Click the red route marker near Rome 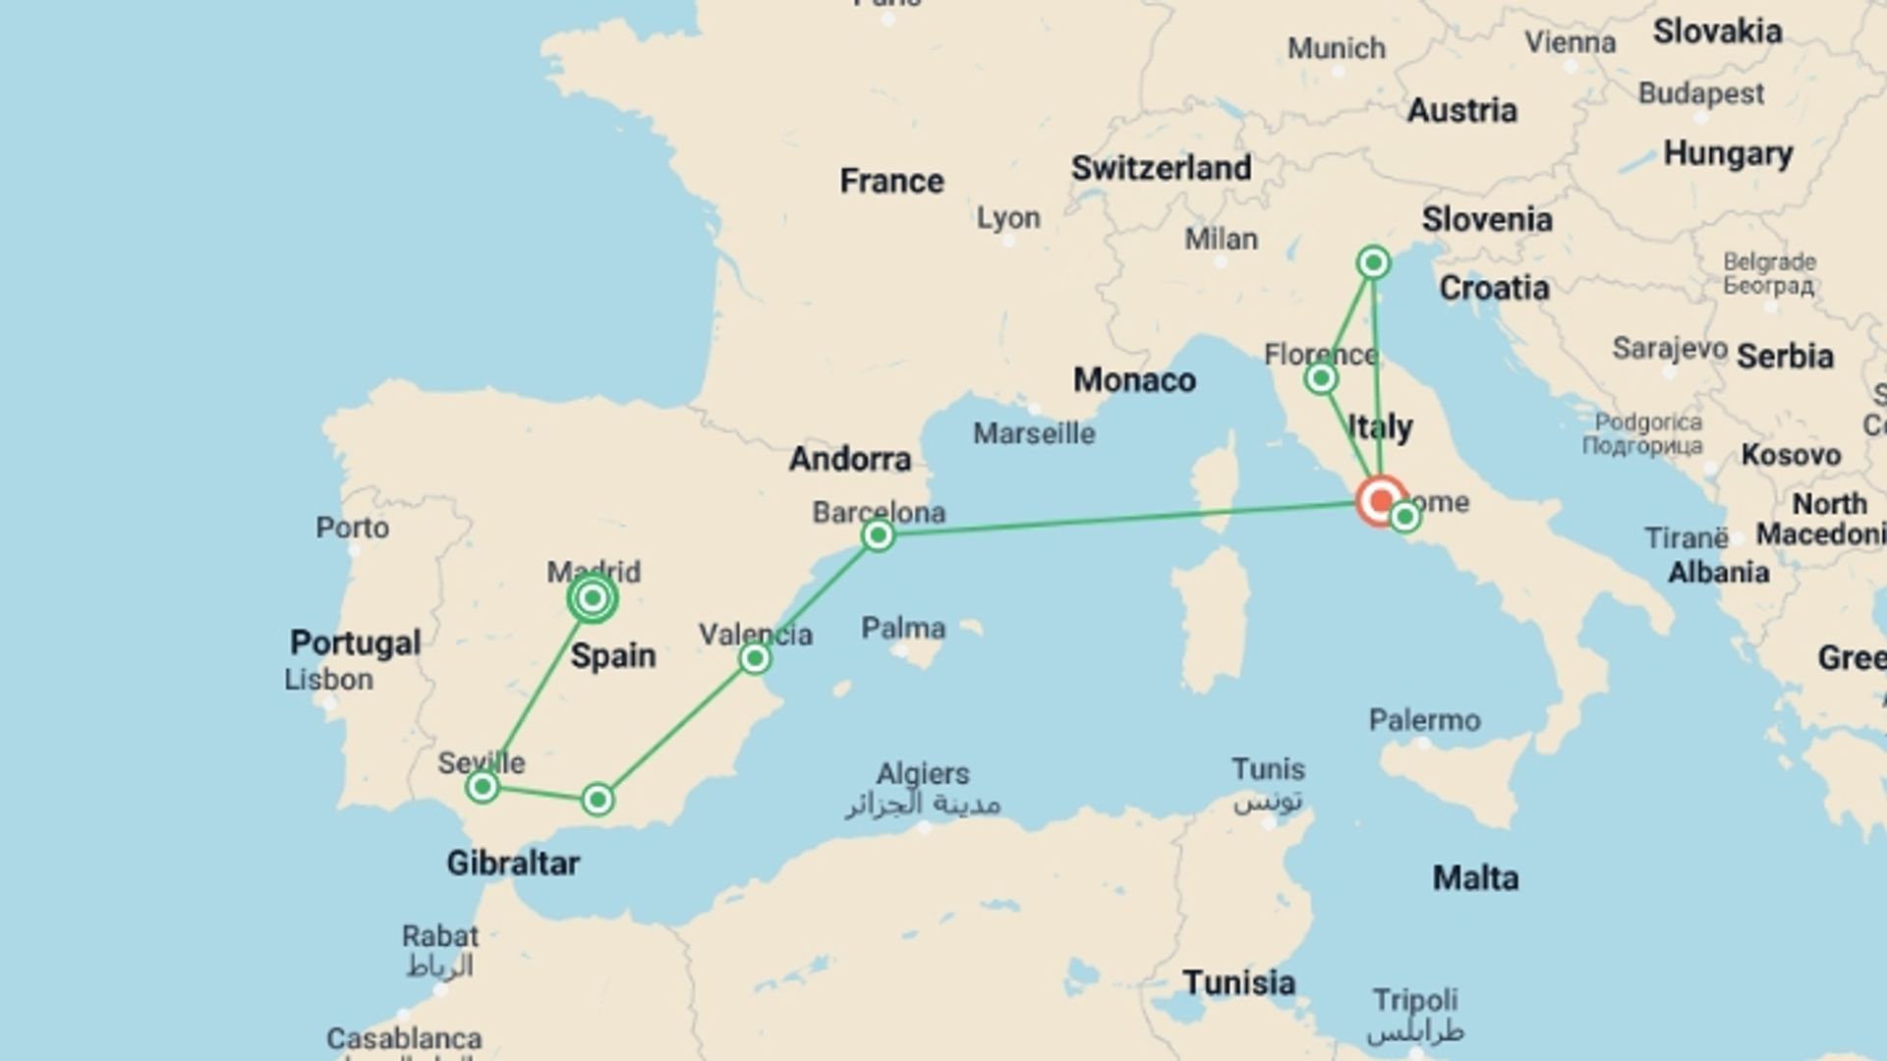1381,501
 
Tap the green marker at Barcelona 878,535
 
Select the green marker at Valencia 755,657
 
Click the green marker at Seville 482,786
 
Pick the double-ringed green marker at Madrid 592,597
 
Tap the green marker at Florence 1321,378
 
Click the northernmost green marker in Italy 1373,262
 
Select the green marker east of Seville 598,800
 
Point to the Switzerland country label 1161,168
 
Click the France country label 891,181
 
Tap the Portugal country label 355,642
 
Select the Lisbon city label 328,679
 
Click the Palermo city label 1424,720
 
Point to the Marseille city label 1034,433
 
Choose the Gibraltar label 513,863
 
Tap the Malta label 1475,877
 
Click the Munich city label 1337,48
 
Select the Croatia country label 1494,288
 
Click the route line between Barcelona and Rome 1120,520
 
